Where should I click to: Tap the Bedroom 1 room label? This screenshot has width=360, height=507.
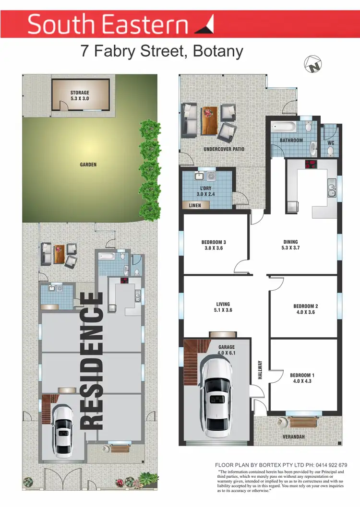point(302,375)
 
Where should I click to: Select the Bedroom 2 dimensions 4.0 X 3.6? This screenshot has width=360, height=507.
point(306,312)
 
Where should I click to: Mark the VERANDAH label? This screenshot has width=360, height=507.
point(292,437)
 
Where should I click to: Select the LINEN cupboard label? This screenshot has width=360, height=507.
point(195,205)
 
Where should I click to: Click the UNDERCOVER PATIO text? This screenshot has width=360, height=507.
point(224,149)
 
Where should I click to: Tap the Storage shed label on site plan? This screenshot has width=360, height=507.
point(80,93)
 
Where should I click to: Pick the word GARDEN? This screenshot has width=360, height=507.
point(88,165)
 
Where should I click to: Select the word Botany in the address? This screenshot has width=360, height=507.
point(218,51)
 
